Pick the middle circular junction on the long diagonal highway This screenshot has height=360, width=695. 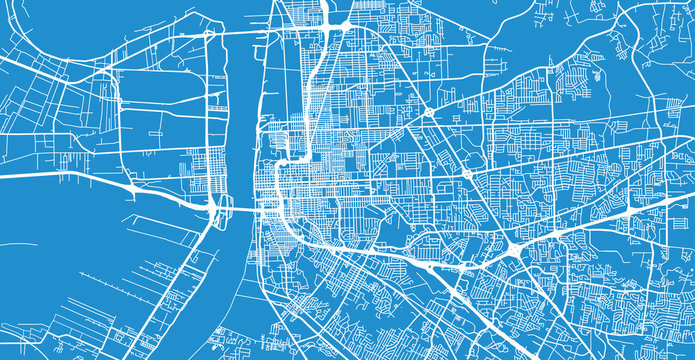pos(467,174)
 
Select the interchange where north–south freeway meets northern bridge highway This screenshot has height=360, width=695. pos(328,26)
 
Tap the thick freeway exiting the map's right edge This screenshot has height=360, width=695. pos(670,194)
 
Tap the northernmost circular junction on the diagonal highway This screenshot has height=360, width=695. pos(429,113)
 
